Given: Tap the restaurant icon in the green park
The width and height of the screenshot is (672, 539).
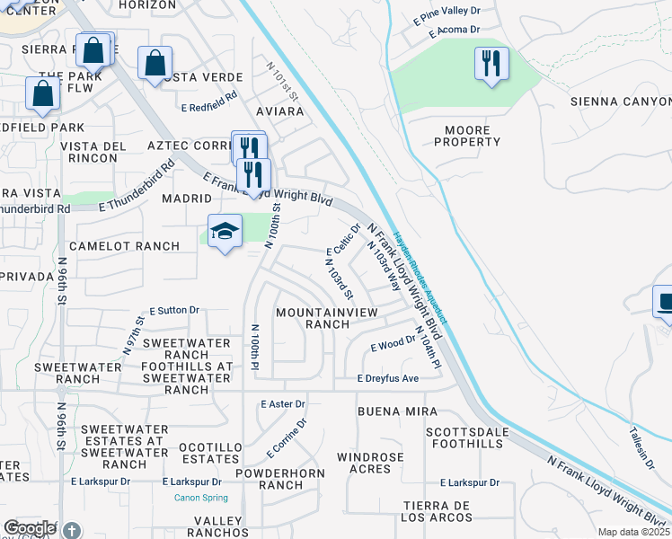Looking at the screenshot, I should pyautogui.click(x=491, y=64).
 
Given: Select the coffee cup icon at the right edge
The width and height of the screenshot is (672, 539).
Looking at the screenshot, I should pyautogui.click(x=665, y=301).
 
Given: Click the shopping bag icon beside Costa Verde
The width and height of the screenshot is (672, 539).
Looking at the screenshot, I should pyautogui.click(x=155, y=64).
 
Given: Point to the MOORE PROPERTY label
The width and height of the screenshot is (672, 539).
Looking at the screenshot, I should pyautogui.click(x=467, y=136).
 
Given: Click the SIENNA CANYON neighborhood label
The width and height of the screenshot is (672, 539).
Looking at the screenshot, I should pyautogui.click(x=620, y=102).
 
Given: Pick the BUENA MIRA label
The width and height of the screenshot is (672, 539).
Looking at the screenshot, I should pyautogui.click(x=397, y=411).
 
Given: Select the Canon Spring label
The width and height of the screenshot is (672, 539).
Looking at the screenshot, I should pyautogui.click(x=199, y=498).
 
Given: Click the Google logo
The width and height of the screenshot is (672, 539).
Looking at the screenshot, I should pyautogui.click(x=30, y=528).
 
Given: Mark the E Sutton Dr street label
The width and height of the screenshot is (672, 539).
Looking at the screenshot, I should pyautogui.click(x=174, y=310).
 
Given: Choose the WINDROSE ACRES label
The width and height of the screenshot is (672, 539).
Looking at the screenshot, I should pyautogui.click(x=370, y=464).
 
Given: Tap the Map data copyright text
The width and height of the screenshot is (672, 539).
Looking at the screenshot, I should pyautogui.click(x=634, y=532).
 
